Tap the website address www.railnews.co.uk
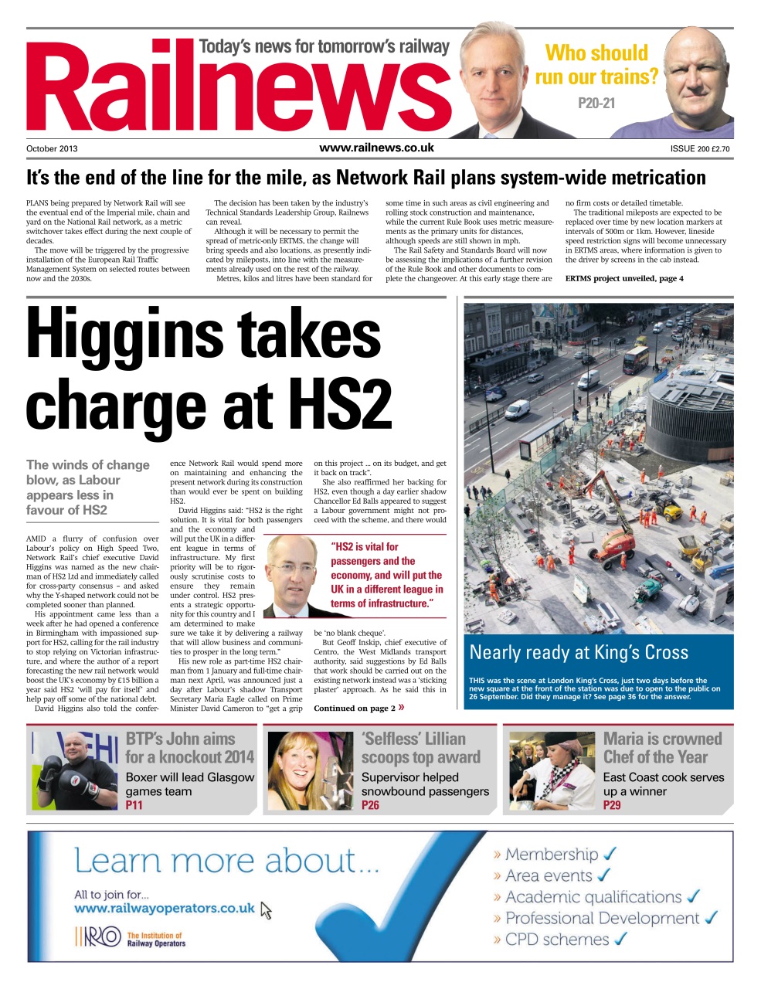point(376,148)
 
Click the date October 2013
point(52,149)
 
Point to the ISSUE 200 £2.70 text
point(700,149)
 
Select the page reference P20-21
point(596,103)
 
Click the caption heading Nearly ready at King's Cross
point(579,652)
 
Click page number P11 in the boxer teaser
point(134,805)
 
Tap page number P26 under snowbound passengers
point(370,805)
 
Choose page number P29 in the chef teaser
point(612,805)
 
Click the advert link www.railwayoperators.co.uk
point(165,909)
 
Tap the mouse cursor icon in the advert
point(267,911)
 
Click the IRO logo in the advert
point(98,937)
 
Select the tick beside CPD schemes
point(620,940)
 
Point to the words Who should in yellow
point(596,53)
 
